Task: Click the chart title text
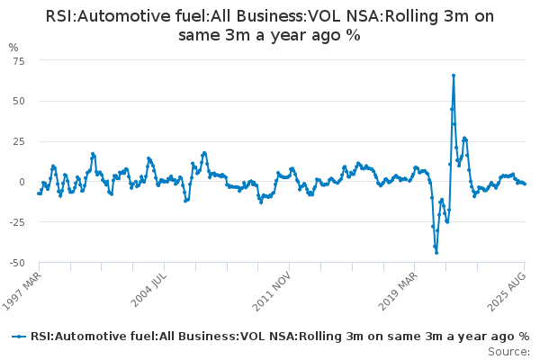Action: pos(270,25)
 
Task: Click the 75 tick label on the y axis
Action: pos(19,61)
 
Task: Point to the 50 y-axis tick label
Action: pos(19,102)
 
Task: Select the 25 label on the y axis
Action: pos(19,141)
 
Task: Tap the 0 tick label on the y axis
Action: pos(22,182)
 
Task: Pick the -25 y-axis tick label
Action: pos(17,222)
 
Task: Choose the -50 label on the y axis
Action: pos(17,263)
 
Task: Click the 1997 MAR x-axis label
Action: pos(22,291)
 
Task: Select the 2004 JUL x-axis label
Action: pos(148,290)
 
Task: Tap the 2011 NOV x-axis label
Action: pos(272,291)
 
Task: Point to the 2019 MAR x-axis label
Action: pos(398,291)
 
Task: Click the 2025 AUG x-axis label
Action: pos(507,292)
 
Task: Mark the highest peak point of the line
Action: pos(454,76)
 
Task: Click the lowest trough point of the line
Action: pos(436,253)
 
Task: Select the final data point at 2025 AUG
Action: pos(525,184)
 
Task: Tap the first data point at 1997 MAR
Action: pos(39,193)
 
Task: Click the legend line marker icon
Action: pos(19,337)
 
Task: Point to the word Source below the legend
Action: pos(508,352)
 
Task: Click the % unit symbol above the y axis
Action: pos(13,48)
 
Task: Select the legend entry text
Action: pos(280,337)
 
